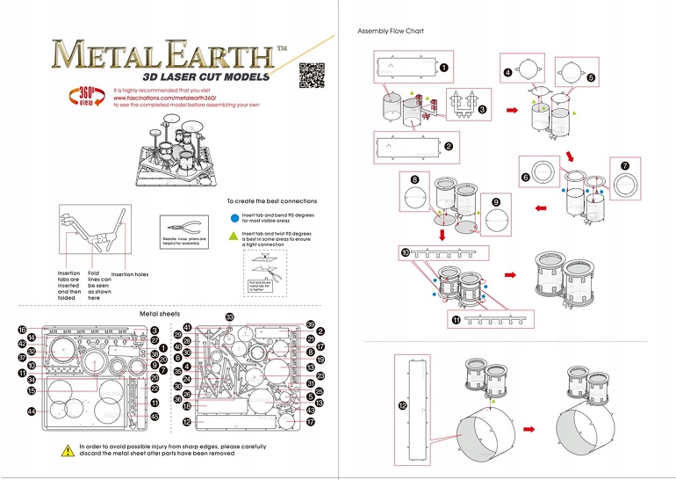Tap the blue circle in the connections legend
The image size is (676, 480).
click(x=234, y=215)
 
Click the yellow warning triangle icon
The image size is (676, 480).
click(x=68, y=450)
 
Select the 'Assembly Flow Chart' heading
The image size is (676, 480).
click(x=391, y=32)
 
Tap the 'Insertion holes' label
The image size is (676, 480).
click(x=130, y=274)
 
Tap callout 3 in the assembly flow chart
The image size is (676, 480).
click(x=483, y=110)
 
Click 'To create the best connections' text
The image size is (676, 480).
click(x=272, y=200)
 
